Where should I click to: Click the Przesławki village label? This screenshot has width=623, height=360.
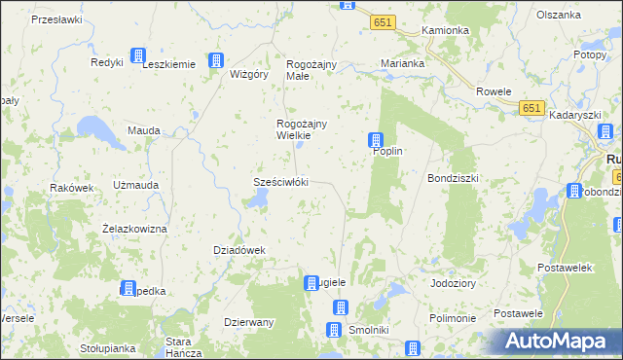(55, 19)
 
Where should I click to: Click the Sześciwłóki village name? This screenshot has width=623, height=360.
(280, 182)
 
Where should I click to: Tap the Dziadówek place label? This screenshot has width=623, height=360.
(239, 250)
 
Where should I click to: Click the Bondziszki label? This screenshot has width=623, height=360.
(454, 179)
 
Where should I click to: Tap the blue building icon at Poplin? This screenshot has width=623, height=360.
(376, 141)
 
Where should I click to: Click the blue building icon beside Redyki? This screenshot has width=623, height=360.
(137, 55)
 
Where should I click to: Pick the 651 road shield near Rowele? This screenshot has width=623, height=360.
(531, 108)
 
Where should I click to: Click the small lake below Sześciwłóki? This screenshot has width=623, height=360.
(258, 199)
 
